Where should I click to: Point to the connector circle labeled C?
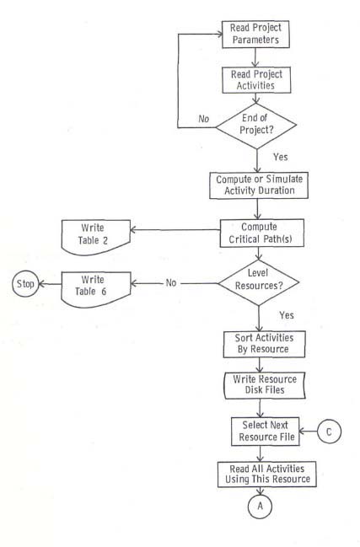[330, 433]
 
